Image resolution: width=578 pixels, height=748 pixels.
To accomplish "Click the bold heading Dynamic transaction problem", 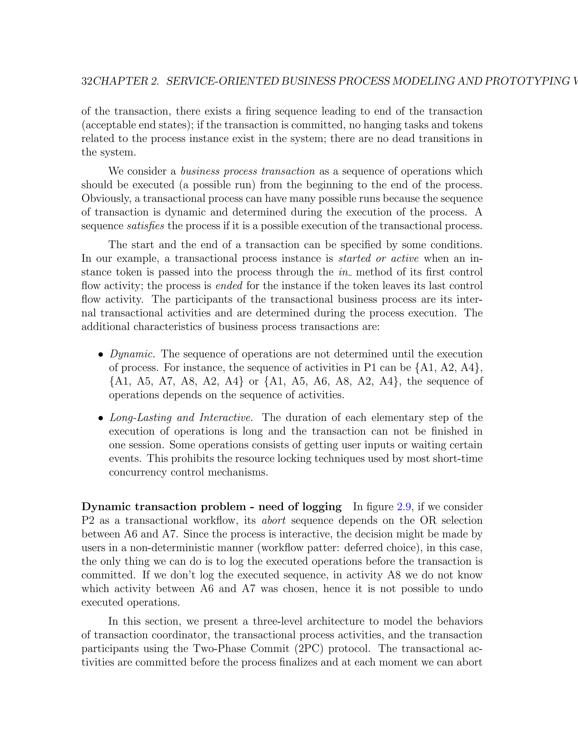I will [164, 507].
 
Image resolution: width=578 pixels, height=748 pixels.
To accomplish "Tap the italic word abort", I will [273, 520].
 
